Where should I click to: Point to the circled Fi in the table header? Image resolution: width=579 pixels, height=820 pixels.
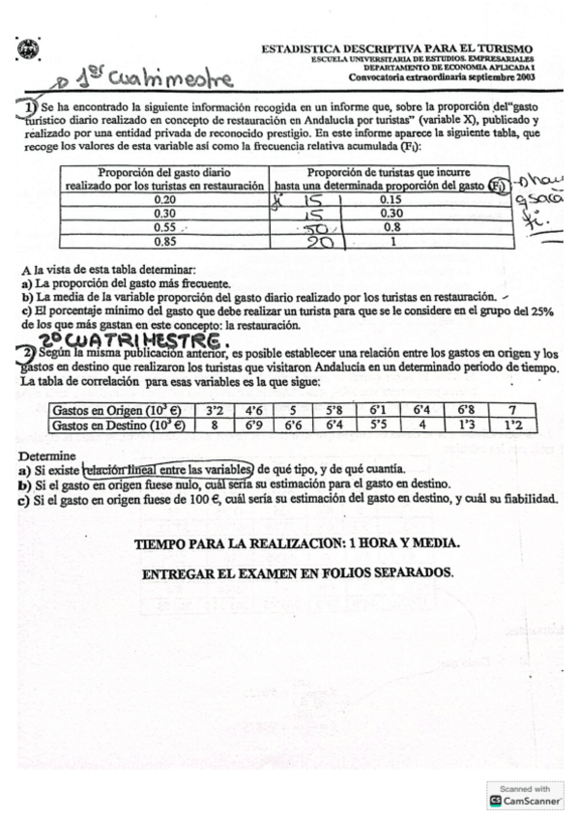[x=523, y=183]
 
